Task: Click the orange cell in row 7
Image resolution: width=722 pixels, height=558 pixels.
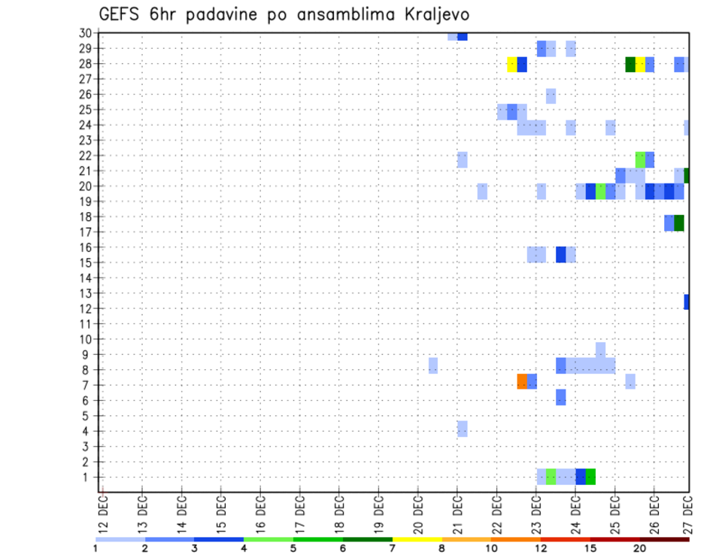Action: coord(522,381)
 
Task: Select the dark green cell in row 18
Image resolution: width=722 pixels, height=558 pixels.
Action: coord(679,223)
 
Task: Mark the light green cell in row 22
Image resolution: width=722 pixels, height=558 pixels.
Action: coord(640,159)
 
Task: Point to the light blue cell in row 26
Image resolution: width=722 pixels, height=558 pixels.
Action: coord(551,96)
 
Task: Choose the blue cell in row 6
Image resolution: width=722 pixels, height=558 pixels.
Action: coord(561,397)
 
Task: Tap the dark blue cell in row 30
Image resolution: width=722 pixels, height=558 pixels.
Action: coord(462,36)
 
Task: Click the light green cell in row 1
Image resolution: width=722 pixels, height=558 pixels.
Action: coord(551,476)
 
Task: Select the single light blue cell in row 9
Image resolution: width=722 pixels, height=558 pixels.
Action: coord(600,350)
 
